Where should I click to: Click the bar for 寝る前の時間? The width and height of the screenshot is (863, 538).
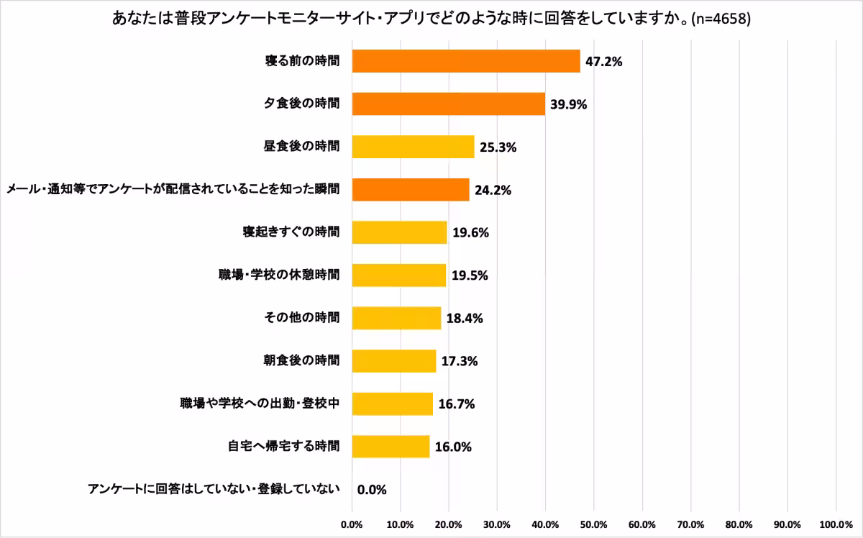(466, 61)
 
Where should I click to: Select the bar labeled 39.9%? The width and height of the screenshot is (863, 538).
(448, 104)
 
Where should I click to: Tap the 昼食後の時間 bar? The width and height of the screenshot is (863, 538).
(413, 147)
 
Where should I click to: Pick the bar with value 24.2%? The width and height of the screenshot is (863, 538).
(410, 190)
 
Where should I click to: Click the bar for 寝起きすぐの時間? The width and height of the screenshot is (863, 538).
(399, 232)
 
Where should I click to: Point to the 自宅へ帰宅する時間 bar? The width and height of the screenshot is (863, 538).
(391, 447)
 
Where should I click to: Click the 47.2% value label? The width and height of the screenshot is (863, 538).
(603, 62)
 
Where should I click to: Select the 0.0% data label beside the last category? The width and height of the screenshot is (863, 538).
(372, 490)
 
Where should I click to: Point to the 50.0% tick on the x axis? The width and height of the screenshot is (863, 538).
(593, 524)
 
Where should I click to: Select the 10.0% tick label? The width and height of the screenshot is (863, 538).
(400, 524)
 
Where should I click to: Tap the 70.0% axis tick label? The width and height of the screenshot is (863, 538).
(690, 524)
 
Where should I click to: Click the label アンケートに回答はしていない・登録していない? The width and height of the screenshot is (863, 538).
(213, 490)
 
